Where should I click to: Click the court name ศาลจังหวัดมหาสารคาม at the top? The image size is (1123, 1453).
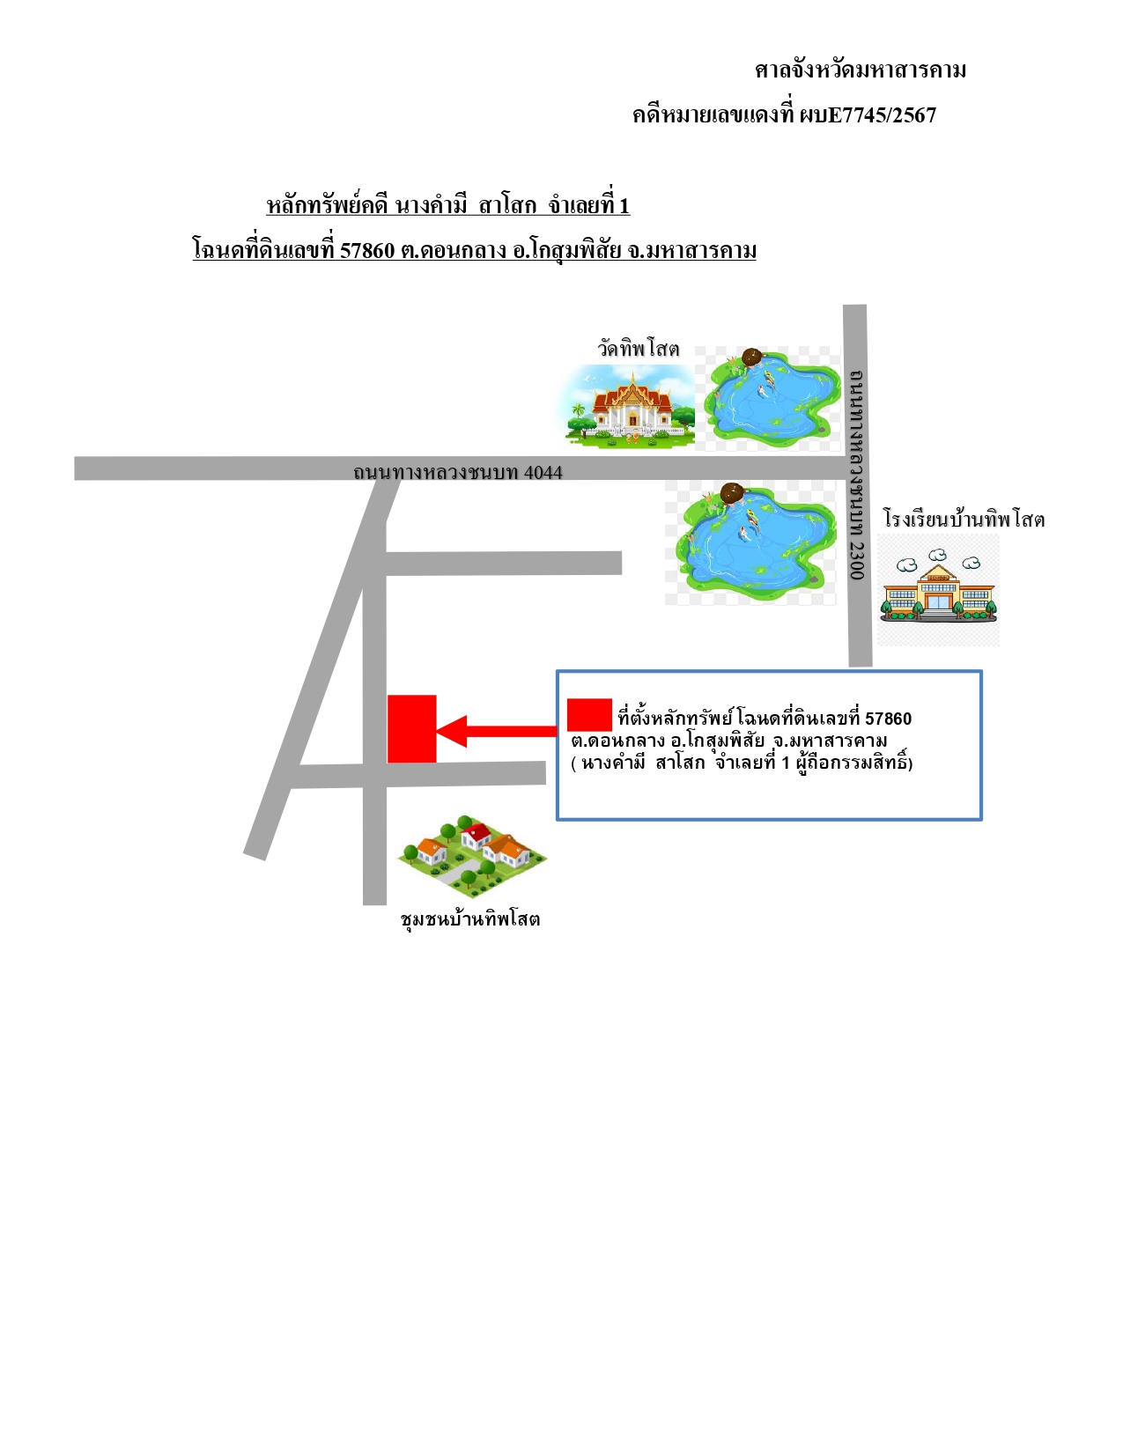tap(861, 70)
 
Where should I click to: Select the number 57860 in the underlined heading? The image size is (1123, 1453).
tap(367, 251)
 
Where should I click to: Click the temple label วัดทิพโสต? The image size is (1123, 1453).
tap(638, 349)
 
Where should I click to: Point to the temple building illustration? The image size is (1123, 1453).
tap(627, 408)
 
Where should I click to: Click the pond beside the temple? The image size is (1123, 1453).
tap(769, 399)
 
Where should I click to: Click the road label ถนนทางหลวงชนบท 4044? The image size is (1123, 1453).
tap(457, 472)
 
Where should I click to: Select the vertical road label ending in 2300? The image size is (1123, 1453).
tap(857, 474)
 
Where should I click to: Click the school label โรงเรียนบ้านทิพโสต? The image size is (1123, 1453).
tap(964, 519)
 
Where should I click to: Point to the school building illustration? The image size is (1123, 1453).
tap(938, 588)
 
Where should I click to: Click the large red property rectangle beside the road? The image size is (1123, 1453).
tap(412, 728)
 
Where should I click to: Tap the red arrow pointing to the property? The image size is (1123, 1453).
tap(496, 731)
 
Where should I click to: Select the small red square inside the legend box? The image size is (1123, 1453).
tap(589, 715)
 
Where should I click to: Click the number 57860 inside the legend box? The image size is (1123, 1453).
tap(888, 719)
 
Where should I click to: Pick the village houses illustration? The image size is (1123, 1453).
tap(472, 856)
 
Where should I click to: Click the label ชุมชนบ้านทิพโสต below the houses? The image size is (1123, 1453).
tap(470, 919)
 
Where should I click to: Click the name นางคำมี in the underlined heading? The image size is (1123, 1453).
tap(432, 205)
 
